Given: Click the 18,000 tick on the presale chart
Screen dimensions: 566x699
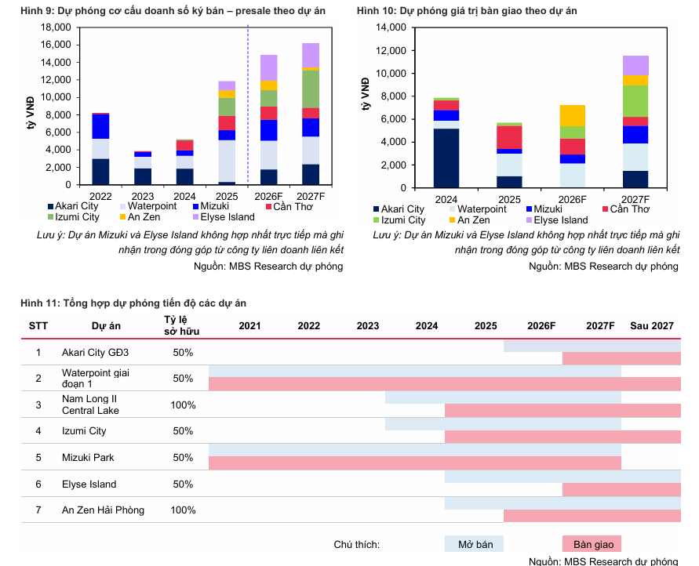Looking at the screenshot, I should tap(57, 27).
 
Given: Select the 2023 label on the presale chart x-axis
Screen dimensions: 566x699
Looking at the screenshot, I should tap(143, 195).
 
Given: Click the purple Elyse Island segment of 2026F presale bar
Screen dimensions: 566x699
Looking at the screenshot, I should tap(269, 67).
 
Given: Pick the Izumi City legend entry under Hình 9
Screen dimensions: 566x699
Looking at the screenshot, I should tap(77, 216).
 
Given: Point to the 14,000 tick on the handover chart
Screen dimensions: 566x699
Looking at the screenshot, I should tap(391, 27).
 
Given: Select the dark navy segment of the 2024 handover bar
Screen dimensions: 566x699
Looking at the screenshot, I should tap(446, 158).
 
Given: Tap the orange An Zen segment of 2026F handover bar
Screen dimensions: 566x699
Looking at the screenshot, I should tap(573, 115).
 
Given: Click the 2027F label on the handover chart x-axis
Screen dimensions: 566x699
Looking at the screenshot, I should tap(635, 200).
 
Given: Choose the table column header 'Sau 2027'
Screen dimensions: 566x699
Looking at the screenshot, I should tap(652, 325).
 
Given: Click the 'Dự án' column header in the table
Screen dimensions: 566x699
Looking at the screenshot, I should tap(105, 325).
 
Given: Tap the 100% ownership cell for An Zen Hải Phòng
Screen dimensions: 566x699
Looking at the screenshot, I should tap(183, 510).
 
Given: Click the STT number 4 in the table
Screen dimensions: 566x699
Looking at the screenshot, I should tap(38, 431).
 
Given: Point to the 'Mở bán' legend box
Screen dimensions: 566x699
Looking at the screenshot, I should tap(474, 544).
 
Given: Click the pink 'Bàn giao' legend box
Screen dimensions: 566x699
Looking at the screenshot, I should tap(592, 544).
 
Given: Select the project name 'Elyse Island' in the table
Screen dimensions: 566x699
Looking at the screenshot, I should tap(89, 484).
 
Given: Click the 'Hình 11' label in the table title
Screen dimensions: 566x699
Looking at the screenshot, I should tap(40, 303).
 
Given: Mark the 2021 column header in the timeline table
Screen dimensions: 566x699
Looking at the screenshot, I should tap(250, 325).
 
